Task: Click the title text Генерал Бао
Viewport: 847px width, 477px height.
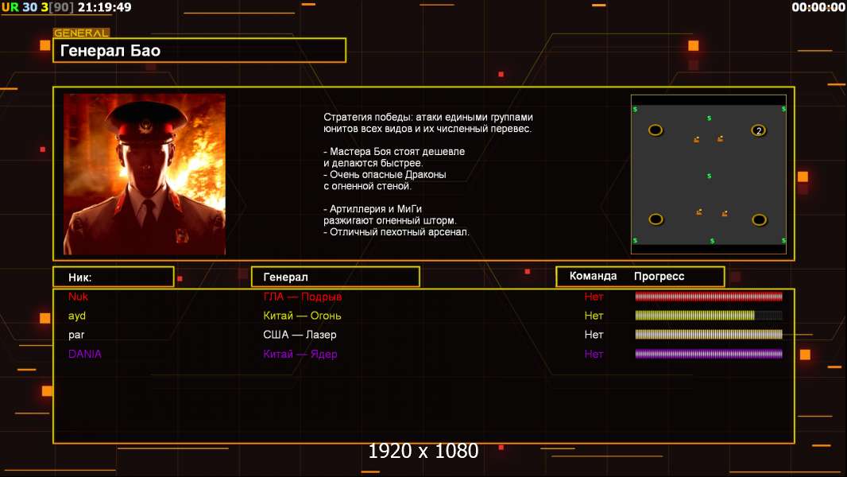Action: [x=110, y=51]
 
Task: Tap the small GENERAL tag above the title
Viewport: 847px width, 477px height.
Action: [x=81, y=33]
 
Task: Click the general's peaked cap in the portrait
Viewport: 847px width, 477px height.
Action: [x=147, y=122]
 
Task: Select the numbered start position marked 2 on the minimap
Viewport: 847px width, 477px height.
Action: [x=759, y=130]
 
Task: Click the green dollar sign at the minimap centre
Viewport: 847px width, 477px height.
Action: [x=710, y=176]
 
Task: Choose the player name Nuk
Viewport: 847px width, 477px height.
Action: [x=78, y=297]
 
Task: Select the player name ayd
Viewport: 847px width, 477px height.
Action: [x=77, y=316]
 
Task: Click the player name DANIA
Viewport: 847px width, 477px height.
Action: [x=85, y=354]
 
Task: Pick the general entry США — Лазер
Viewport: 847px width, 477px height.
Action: [x=300, y=335]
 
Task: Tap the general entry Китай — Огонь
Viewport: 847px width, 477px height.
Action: [x=302, y=316]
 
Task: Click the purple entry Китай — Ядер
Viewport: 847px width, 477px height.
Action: [x=300, y=354]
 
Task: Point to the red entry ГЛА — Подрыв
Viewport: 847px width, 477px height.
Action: [x=303, y=297]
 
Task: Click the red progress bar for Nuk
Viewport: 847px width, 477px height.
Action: [x=709, y=296]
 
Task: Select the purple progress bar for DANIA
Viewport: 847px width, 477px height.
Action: [x=709, y=354]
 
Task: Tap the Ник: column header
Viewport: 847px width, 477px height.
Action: [x=80, y=277]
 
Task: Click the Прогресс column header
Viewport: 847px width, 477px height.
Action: [x=659, y=277]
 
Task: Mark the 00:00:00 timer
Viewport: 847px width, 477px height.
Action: [x=818, y=7]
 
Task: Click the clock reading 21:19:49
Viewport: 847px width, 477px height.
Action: [x=105, y=7]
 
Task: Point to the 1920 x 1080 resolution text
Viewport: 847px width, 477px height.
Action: [x=423, y=451]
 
